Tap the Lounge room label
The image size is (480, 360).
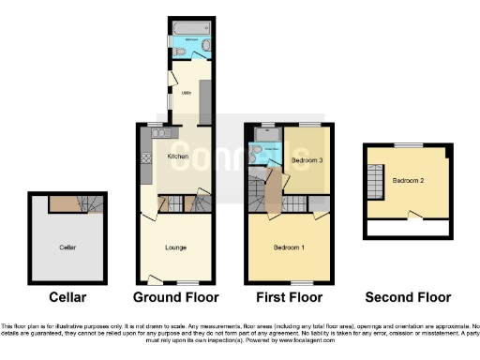(x=175, y=247)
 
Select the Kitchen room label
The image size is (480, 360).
(x=178, y=156)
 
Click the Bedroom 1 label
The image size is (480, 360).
(x=286, y=247)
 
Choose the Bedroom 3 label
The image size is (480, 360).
(x=307, y=161)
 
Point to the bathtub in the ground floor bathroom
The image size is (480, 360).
(x=190, y=26)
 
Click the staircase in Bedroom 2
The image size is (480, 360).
(x=374, y=181)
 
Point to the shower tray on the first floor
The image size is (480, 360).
(x=262, y=136)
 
